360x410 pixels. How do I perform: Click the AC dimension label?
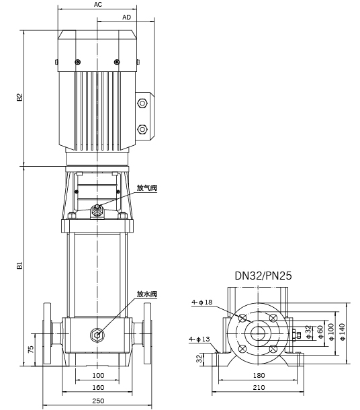point(98,5)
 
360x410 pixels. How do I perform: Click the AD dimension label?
point(126,17)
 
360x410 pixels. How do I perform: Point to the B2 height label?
point(20,97)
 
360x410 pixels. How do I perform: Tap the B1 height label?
point(20,265)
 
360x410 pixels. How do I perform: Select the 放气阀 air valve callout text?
point(147,188)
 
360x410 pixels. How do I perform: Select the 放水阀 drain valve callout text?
point(147,294)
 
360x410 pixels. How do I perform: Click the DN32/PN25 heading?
point(263,276)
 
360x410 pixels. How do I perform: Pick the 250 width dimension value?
point(98,401)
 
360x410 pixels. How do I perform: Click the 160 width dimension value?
point(98,387)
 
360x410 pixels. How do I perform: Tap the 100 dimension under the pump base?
point(98,375)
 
